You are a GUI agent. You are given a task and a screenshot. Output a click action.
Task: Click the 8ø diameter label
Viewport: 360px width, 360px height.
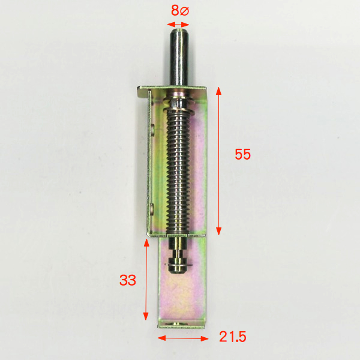pos(180,11)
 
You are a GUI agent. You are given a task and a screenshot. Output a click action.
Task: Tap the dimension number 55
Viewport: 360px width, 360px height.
pos(242,154)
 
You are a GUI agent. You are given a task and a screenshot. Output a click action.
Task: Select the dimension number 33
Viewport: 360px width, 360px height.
pos(128,280)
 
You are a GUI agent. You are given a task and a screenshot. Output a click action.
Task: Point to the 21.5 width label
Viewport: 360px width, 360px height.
pos(233,337)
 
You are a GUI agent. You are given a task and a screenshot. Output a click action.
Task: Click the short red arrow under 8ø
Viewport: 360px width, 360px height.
pos(178,25)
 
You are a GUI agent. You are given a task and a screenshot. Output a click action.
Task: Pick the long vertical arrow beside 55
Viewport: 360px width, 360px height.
pos(218,161)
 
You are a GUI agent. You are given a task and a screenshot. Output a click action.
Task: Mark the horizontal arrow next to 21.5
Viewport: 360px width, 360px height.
pos(183,338)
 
